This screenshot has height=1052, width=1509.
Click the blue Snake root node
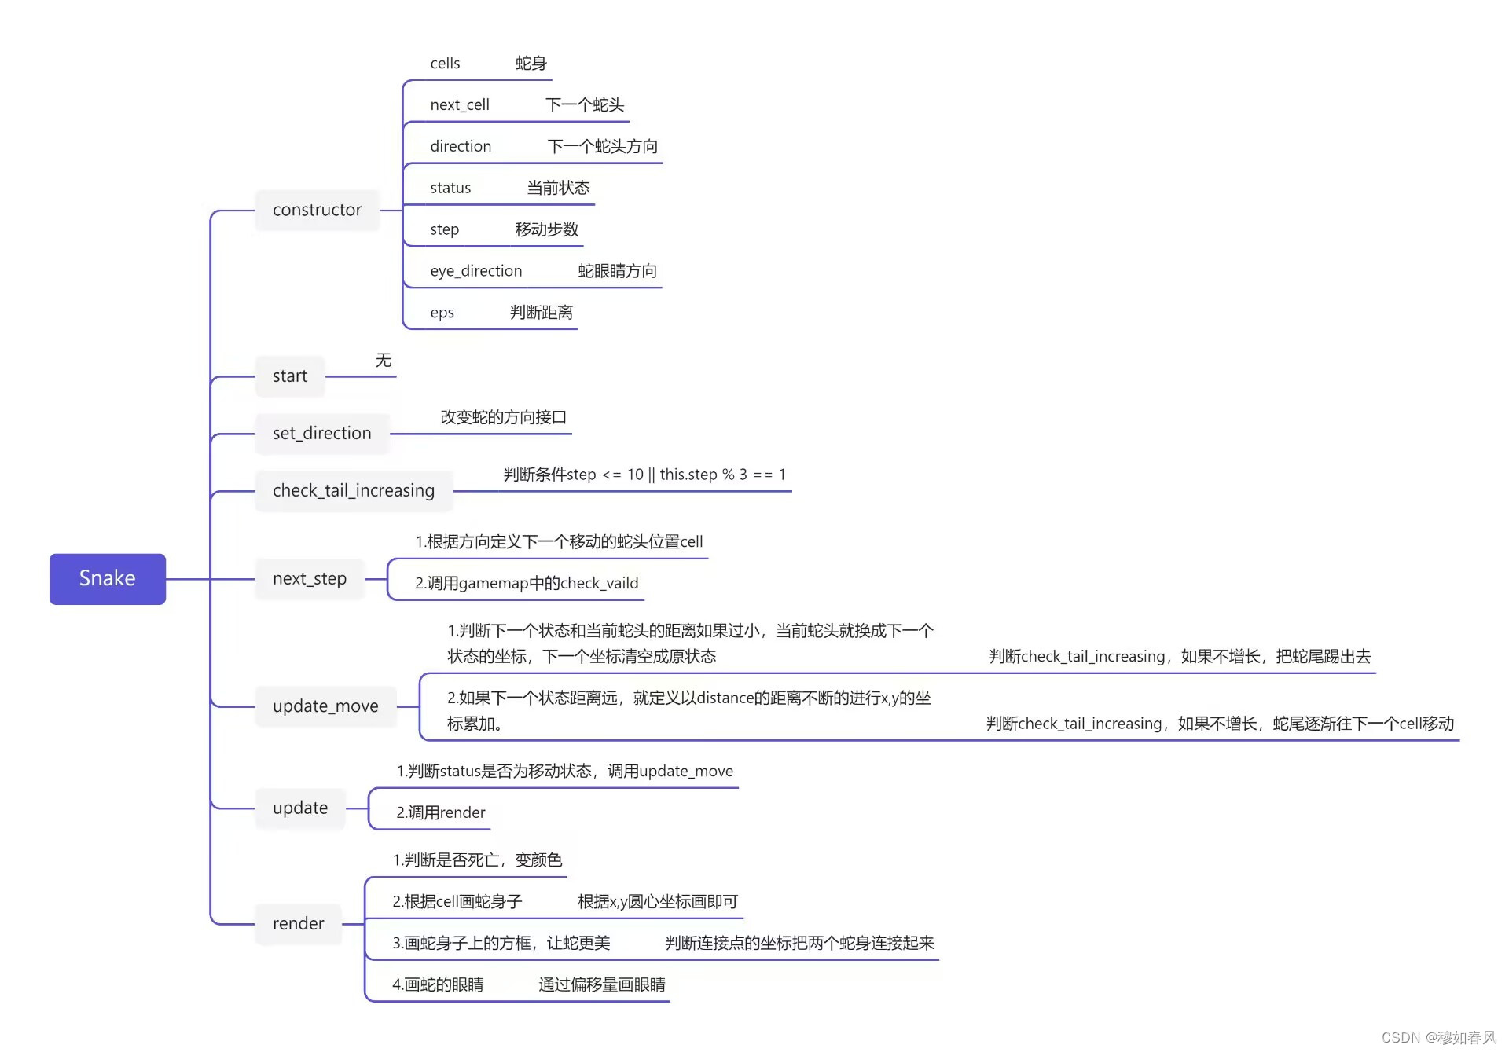pyautogui.click(x=108, y=579)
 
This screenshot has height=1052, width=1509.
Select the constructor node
pyautogui.click(x=317, y=210)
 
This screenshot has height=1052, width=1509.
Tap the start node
pyautogui.click(x=289, y=376)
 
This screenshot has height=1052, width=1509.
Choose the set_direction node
pyautogui.click(x=321, y=434)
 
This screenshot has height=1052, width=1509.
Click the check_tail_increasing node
pyautogui.click(x=353, y=491)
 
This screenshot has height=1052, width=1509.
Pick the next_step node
pyautogui.click(x=309, y=579)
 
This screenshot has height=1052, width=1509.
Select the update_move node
pyautogui.click(x=325, y=706)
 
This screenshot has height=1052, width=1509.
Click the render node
pyautogui.click(x=298, y=924)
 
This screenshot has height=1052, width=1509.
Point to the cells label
pyautogui.click(x=445, y=64)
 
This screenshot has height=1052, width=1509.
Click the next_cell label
pyautogui.click(x=460, y=105)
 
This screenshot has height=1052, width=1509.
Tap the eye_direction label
pyautogui.click(x=475, y=271)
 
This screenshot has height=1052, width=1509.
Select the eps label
pyautogui.click(x=442, y=313)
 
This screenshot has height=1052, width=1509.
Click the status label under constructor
pyautogui.click(x=450, y=188)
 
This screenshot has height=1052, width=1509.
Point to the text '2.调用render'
pyautogui.click(x=440, y=812)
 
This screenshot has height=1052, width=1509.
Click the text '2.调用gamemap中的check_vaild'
pyautogui.click(x=527, y=583)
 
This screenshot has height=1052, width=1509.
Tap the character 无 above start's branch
pyautogui.click(x=384, y=360)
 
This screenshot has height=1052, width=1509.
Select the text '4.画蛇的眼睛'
pyautogui.click(x=438, y=984)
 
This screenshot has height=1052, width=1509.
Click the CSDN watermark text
pyautogui.click(x=1437, y=1037)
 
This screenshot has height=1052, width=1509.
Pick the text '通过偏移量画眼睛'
pyautogui.click(x=602, y=984)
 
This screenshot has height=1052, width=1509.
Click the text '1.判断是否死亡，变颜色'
pyautogui.click(x=477, y=860)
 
